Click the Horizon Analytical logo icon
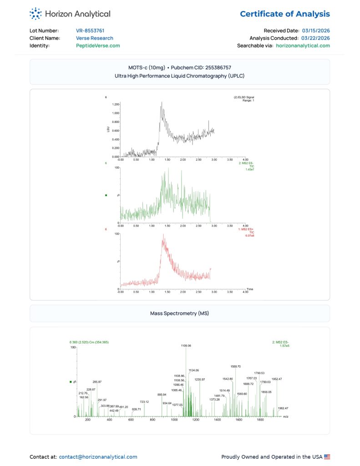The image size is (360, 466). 35,14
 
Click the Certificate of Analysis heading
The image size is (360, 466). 285,14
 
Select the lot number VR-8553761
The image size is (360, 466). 90,30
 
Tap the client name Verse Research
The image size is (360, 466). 95,38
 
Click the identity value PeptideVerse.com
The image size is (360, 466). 98,46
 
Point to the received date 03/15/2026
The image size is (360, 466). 316,30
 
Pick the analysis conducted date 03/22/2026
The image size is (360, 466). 316,38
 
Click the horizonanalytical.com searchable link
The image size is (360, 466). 303,46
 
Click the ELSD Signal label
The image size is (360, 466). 244,97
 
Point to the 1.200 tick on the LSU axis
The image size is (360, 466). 116,104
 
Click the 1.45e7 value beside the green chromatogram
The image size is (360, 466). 250,169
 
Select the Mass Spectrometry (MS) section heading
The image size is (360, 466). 180,314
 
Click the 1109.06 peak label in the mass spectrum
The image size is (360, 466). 186,346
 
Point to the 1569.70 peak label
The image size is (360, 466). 236,366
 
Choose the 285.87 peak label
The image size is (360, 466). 97,382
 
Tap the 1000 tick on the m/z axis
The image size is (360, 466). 174,420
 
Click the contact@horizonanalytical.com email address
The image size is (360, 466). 98,456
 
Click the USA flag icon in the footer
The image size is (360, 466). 327,456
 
